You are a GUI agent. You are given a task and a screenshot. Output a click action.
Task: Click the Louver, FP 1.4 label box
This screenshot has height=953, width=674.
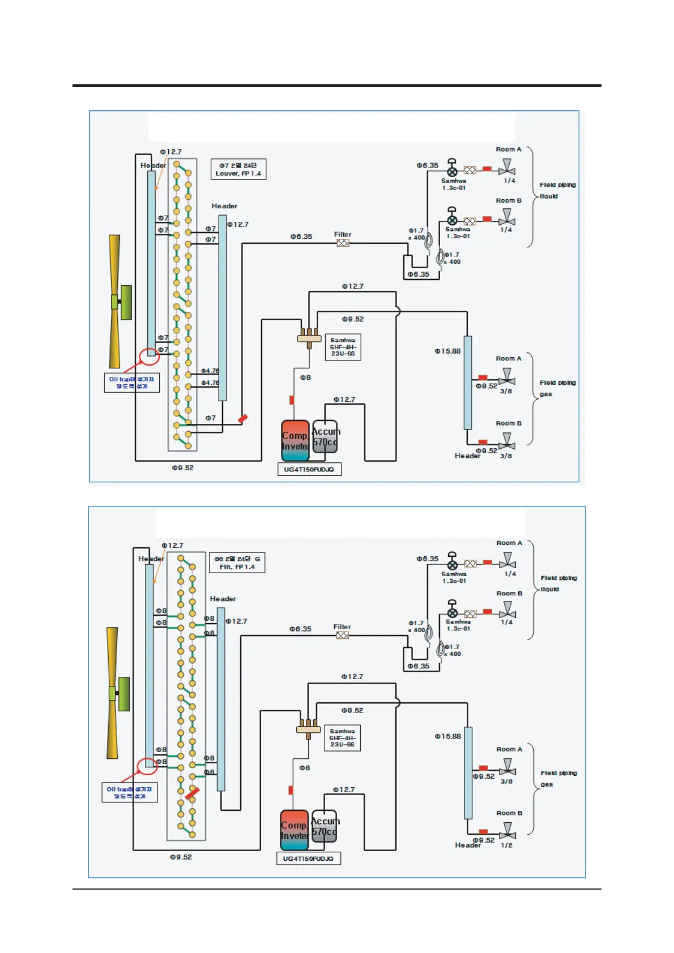238,169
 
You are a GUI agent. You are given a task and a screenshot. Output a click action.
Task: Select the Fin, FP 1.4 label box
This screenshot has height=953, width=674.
237,563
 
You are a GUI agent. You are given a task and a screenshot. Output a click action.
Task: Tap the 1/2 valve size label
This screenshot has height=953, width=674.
506,845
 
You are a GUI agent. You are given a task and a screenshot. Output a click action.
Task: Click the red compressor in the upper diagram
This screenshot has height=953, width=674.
295,436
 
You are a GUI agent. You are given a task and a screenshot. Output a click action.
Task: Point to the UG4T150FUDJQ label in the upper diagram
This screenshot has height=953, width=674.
309,469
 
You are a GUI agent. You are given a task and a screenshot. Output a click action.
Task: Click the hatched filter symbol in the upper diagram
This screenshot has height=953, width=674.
343,243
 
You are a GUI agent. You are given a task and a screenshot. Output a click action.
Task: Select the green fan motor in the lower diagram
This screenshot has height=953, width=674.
123,693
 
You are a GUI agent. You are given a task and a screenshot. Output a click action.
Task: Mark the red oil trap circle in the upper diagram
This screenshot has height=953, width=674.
149,356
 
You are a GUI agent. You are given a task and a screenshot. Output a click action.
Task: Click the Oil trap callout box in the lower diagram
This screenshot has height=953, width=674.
129,792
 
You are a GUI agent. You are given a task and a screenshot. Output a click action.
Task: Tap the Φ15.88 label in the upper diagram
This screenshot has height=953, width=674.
447,351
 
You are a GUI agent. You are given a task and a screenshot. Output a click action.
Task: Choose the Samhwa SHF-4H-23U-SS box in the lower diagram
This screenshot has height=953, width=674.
342,738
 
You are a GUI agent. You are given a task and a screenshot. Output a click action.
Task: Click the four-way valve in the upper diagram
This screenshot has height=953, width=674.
309,337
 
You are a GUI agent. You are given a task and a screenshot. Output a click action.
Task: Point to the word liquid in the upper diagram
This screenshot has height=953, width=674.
548,196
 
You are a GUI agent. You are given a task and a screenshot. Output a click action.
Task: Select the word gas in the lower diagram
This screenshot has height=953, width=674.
547,784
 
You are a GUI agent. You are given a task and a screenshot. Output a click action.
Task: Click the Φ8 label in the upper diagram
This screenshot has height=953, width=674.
305,377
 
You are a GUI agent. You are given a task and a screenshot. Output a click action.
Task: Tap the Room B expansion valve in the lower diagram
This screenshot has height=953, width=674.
452,613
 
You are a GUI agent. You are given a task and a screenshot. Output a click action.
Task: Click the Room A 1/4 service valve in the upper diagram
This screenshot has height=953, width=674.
506,168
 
